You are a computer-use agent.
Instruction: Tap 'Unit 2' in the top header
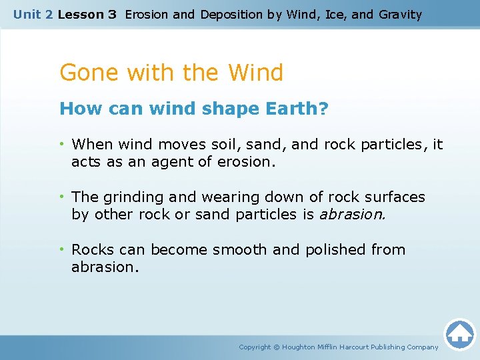coord(33,14)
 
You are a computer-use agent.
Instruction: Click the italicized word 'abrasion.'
coord(353,214)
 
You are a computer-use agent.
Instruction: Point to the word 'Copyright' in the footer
coord(255,347)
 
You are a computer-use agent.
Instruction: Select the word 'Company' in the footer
coord(422,347)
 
